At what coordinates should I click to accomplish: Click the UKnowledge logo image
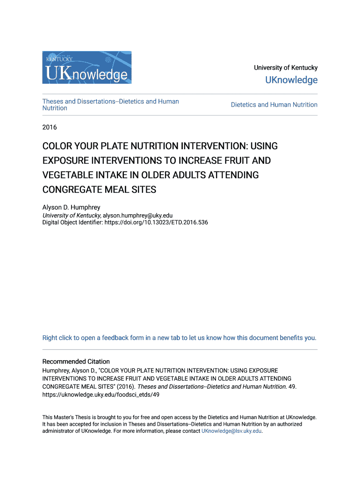coord(87,67)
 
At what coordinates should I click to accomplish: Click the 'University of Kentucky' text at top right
coord(286,68)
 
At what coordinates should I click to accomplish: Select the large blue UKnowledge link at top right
coord(291,80)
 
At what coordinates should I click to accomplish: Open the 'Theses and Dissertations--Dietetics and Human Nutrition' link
coord(110,105)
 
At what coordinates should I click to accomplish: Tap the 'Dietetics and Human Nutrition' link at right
coord(274,105)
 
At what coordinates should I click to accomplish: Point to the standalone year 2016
coord(50,127)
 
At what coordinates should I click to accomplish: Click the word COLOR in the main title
coord(58,146)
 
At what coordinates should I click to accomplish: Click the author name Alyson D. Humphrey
coord(72,207)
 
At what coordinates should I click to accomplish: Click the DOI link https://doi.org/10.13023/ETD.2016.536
coord(155,223)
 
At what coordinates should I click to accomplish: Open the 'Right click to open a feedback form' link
coord(179,338)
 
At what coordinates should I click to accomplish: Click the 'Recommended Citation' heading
coord(76,362)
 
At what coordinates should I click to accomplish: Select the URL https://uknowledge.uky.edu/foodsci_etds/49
coord(101,394)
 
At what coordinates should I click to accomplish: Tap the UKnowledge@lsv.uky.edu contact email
coord(231,431)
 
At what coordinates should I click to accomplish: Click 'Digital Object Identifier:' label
coord(71,223)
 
